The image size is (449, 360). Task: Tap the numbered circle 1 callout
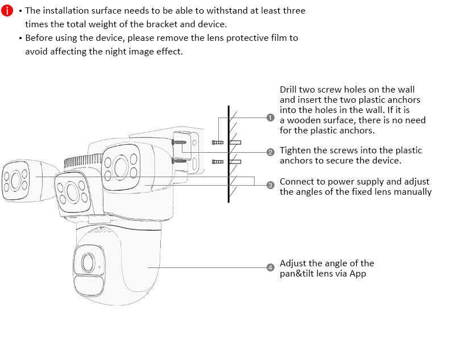click(x=271, y=118)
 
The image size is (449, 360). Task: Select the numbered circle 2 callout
click(x=271, y=152)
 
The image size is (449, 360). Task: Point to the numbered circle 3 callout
click(x=271, y=185)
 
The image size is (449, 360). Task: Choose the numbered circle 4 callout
click(x=271, y=267)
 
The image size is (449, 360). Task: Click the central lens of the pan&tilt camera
click(x=88, y=262)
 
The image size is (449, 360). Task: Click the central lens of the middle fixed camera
click(x=72, y=190)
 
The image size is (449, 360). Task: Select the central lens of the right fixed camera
click(x=121, y=166)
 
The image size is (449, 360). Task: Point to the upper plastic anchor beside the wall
click(x=235, y=142)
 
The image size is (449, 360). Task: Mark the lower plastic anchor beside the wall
click(x=235, y=162)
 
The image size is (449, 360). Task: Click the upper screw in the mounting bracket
click(x=181, y=142)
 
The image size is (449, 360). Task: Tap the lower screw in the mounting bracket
click(x=181, y=161)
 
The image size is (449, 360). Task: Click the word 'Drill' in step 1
click(x=290, y=90)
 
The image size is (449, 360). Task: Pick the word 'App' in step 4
click(x=357, y=274)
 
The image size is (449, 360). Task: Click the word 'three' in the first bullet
click(x=294, y=11)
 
